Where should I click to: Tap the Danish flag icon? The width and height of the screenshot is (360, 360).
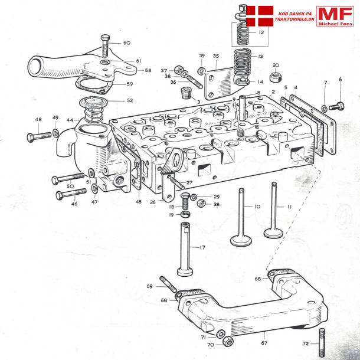pos(260,16)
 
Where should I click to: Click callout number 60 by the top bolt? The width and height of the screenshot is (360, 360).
pos(127,43)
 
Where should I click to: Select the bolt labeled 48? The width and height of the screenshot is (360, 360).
pos(39,136)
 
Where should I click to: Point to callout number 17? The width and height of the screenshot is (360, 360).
pos(202,247)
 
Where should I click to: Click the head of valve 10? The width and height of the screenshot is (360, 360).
pos(241,241)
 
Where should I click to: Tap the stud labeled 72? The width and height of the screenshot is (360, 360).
pos(322,343)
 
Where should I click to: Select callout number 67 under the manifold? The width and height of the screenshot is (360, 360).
pos(264,343)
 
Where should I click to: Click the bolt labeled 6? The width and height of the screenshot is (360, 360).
pos(336,106)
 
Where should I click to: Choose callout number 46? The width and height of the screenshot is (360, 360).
pos(74,204)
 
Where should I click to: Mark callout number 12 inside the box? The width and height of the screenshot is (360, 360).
pos(261,33)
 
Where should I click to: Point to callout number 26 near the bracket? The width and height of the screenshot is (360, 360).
pos(153,202)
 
